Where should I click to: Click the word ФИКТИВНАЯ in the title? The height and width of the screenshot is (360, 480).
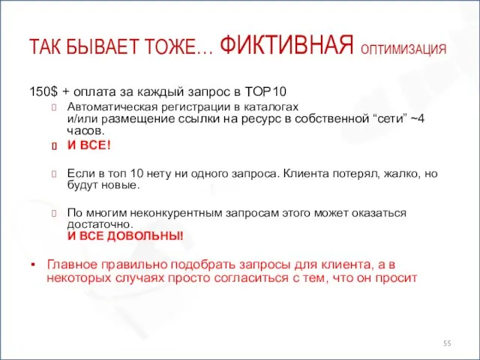(288, 46)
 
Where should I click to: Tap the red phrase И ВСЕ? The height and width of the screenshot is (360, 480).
(89, 145)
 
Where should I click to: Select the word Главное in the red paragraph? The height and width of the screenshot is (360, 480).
(71, 265)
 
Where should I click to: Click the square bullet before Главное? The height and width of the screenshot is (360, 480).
(33, 265)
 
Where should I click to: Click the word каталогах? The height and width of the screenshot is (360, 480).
(272, 107)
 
